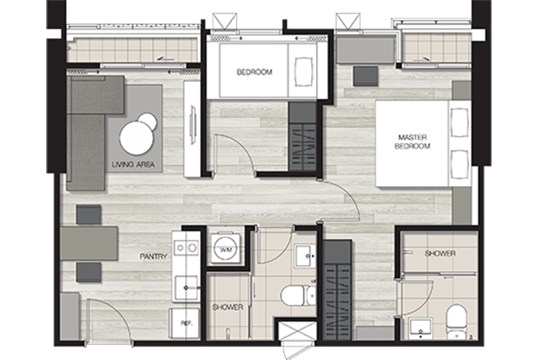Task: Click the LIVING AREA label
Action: tap(133, 165)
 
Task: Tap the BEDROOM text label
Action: tap(254, 72)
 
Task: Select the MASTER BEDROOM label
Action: tap(413, 142)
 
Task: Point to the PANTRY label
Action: tap(153, 256)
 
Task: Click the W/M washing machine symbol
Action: tap(226, 248)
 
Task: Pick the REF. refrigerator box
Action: tap(184, 323)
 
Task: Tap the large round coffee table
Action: tap(137, 138)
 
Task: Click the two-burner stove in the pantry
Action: tap(186, 248)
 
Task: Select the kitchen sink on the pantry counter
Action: tap(186, 288)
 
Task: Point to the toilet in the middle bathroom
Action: tap(298, 296)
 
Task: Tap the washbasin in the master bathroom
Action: tap(420, 328)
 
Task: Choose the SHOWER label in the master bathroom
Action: tap(440, 253)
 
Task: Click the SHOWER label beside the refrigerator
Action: tap(228, 307)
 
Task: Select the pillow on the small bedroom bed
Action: tap(304, 72)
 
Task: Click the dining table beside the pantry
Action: tap(89, 243)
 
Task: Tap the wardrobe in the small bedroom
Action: tap(302, 136)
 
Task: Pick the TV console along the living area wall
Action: tap(192, 129)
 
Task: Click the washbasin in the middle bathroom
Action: tap(305, 256)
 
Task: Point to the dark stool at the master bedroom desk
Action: tap(365, 76)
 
